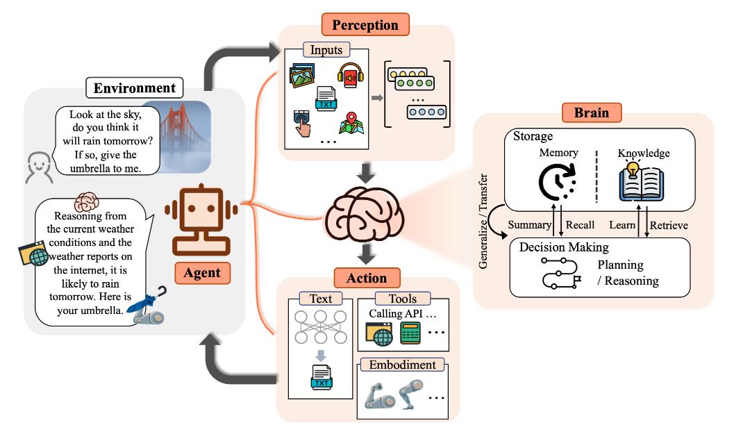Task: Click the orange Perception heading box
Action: point(365,24)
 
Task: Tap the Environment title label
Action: point(134,88)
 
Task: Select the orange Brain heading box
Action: point(592,113)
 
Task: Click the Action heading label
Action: point(367,278)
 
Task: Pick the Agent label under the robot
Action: point(202,273)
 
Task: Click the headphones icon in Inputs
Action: point(351,75)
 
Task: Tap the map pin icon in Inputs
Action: point(351,123)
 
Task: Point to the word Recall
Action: point(580,225)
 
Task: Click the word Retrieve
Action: point(669,226)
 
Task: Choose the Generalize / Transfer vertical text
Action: point(483,221)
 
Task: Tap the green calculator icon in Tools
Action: point(410,333)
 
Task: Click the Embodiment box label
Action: point(402,365)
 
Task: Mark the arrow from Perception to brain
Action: point(365,173)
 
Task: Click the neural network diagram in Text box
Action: point(321,327)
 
